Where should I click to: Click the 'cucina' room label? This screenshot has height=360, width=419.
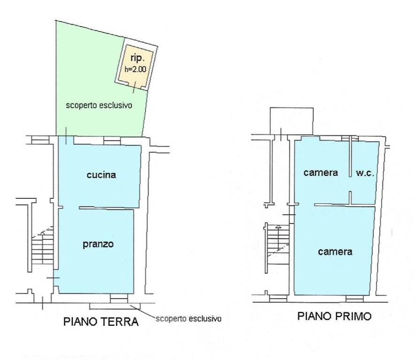click(x=101, y=175)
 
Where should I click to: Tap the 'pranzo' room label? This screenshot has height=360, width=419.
click(x=98, y=244)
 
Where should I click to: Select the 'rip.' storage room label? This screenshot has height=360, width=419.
click(x=137, y=58)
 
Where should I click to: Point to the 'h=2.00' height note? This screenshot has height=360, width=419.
click(x=135, y=69)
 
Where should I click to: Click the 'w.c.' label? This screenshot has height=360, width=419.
click(x=365, y=173)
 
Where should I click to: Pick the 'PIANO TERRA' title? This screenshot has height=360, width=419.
click(x=101, y=322)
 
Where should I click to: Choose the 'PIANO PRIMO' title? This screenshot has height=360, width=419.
click(x=334, y=316)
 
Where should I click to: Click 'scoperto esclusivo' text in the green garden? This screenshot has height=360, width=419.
click(x=99, y=105)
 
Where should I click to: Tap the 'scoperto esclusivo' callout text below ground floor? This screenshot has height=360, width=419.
click(x=189, y=319)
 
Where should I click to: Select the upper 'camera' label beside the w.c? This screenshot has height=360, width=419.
click(x=320, y=173)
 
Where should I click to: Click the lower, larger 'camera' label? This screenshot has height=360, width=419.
click(x=335, y=252)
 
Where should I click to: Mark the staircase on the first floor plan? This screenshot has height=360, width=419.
click(x=278, y=244)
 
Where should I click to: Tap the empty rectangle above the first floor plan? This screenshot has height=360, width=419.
click(x=291, y=121)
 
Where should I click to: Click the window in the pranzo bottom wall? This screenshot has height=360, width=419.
click(x=119, y=298)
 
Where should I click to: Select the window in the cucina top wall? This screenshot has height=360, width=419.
click(x=112, y=140)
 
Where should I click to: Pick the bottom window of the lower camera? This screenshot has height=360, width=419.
click(x=355, y=298)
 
